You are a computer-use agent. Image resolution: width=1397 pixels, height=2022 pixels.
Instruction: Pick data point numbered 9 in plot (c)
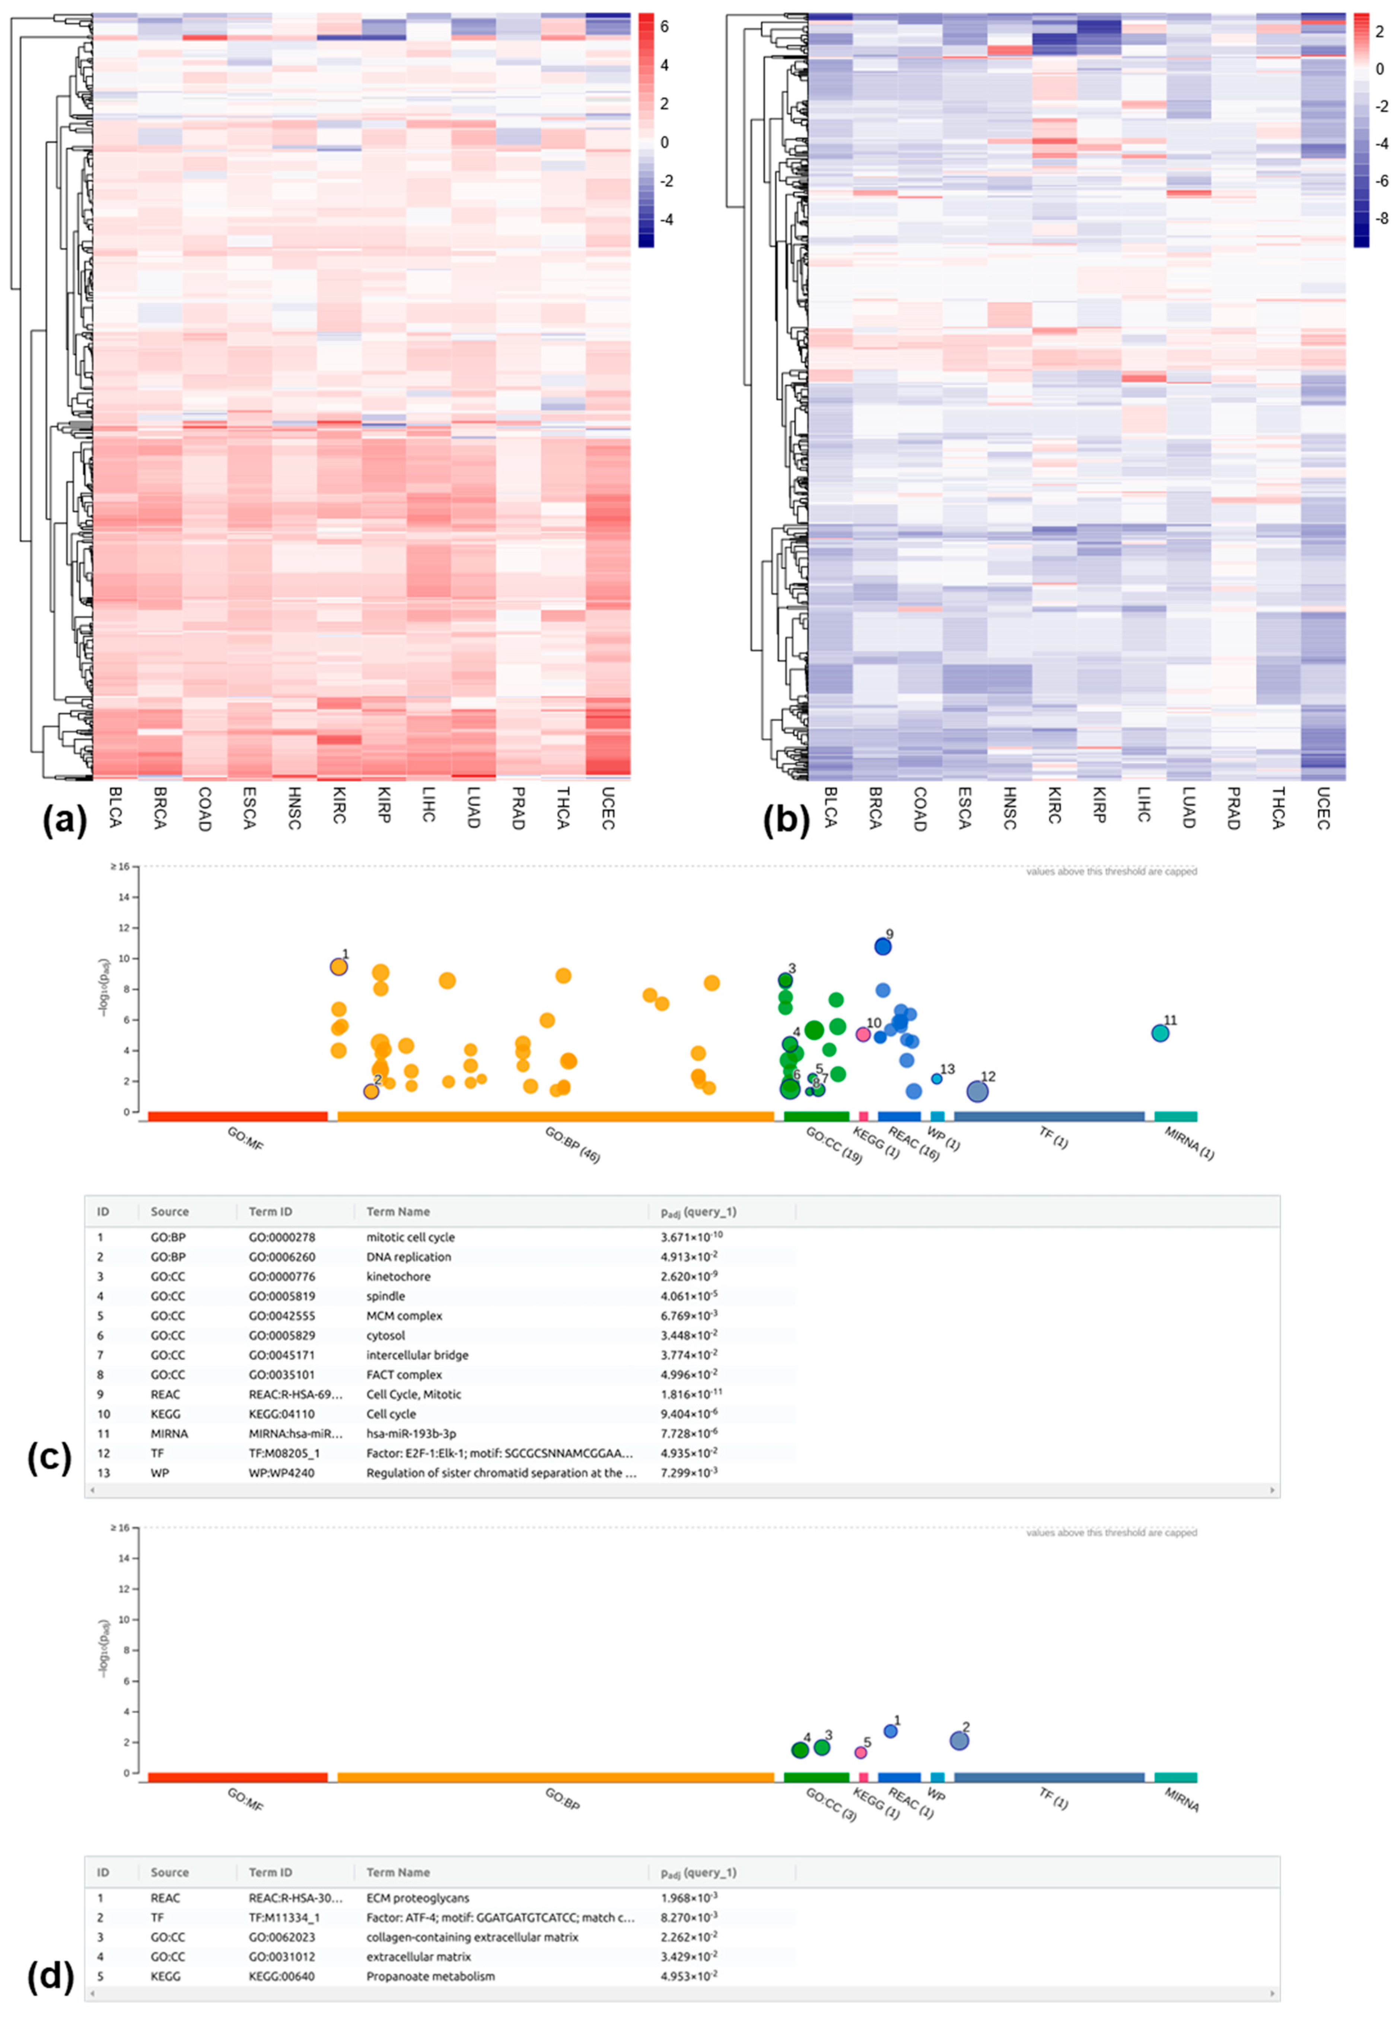coord(882,947)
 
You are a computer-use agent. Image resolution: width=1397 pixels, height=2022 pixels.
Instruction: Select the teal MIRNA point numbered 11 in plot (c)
coord(1160,1033)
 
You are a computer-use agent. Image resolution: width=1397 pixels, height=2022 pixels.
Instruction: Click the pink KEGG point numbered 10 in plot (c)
coord(863,1034)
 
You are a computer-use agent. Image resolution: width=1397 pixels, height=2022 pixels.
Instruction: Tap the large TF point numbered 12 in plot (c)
coord(977,1091)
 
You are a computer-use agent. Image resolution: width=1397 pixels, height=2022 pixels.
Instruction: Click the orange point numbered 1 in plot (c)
coord(339,967)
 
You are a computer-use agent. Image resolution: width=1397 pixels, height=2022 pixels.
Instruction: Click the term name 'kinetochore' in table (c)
coord(398,1277)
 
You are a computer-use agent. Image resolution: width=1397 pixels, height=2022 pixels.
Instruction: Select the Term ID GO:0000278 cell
coord(282,1237)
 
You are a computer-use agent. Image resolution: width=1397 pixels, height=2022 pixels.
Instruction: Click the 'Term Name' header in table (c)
coord(398,1212)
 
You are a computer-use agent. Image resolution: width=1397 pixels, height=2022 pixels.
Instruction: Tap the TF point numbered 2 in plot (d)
coord(960,1741)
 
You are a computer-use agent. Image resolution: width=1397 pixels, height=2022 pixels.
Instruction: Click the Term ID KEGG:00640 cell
coord(282,1977)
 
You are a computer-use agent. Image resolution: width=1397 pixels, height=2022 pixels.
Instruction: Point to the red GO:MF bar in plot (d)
coord(237,1778)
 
